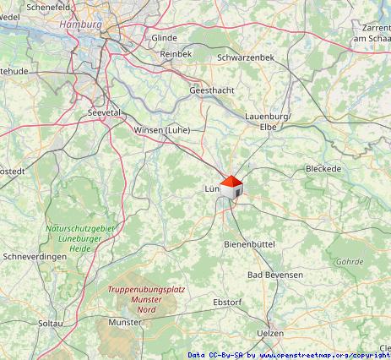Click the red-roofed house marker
click(231, 188)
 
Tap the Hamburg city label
click(81, 25)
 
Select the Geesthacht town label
click(211, 90)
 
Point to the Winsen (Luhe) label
click(162, 130)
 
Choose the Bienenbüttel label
click(249, 243)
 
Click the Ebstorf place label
click(227, 302)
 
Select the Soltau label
click(51, 323)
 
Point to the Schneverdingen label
click(35, 256)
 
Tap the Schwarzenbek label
click(246, 57)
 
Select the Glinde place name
click(164, 38)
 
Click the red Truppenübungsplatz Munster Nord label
click(146, 299)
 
